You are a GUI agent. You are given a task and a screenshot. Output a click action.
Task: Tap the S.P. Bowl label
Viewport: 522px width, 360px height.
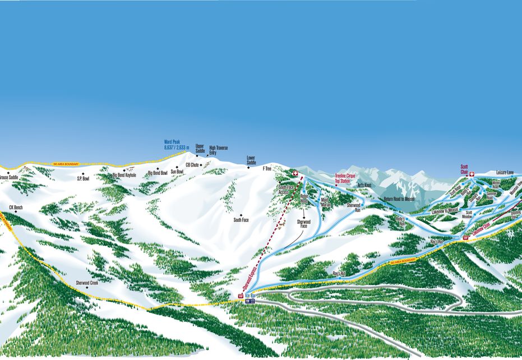84,178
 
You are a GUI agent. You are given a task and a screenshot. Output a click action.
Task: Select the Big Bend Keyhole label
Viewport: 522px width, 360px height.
124,175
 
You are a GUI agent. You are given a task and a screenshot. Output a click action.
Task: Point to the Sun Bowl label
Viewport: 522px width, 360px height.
177,172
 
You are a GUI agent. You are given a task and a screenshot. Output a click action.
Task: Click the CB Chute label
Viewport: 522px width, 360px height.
192,165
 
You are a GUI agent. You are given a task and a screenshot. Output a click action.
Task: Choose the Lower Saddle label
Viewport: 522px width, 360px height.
251,160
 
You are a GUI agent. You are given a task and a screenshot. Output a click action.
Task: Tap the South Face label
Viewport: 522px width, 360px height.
241,220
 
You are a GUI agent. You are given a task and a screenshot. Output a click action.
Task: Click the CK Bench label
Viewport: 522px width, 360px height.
16,207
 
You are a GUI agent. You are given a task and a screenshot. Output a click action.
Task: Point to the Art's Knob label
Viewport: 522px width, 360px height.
364,185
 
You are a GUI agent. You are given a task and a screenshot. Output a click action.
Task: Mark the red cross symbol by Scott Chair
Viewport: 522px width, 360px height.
472,174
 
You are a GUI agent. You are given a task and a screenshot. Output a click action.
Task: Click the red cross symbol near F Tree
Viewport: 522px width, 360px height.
295,174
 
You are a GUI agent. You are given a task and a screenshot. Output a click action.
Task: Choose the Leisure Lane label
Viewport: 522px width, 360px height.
505,173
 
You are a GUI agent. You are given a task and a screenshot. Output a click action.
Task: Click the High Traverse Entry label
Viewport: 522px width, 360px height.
218,150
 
